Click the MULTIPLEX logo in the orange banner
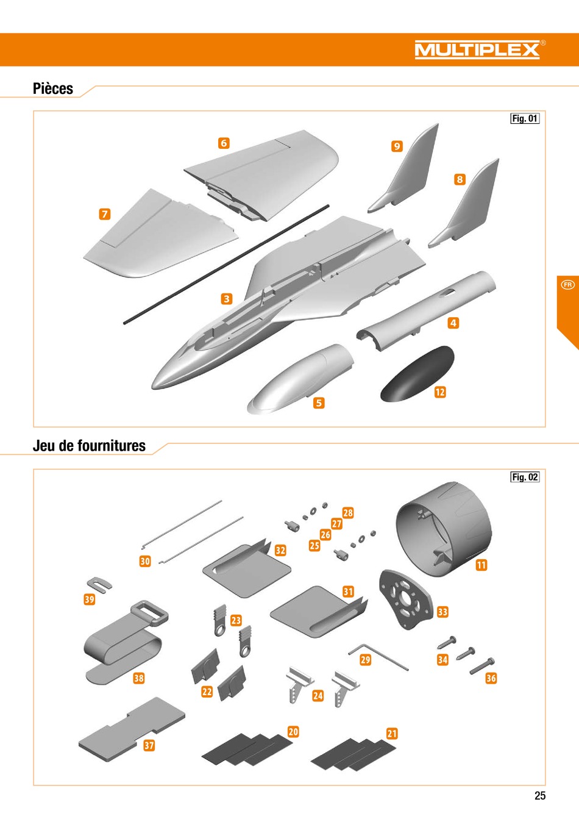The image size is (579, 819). click(x=477, y=49)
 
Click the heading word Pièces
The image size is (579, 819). click(x=53, y=88)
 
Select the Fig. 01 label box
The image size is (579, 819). click(x=525, y=118)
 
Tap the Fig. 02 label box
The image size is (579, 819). click(x=525, y=477)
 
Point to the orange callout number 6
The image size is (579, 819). click(x=224, y=143)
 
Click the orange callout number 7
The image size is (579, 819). click(x=105, y=214)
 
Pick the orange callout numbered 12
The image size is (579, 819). click(x=440, y=392)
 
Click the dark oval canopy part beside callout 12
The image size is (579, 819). click(x=417, y=374)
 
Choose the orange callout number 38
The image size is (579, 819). click(x=138, y=678)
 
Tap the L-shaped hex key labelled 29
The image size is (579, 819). click(x=378, y=657)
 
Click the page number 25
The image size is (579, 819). click(x=540, y=795)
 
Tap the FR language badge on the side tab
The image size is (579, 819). click(x=567, y=285)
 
